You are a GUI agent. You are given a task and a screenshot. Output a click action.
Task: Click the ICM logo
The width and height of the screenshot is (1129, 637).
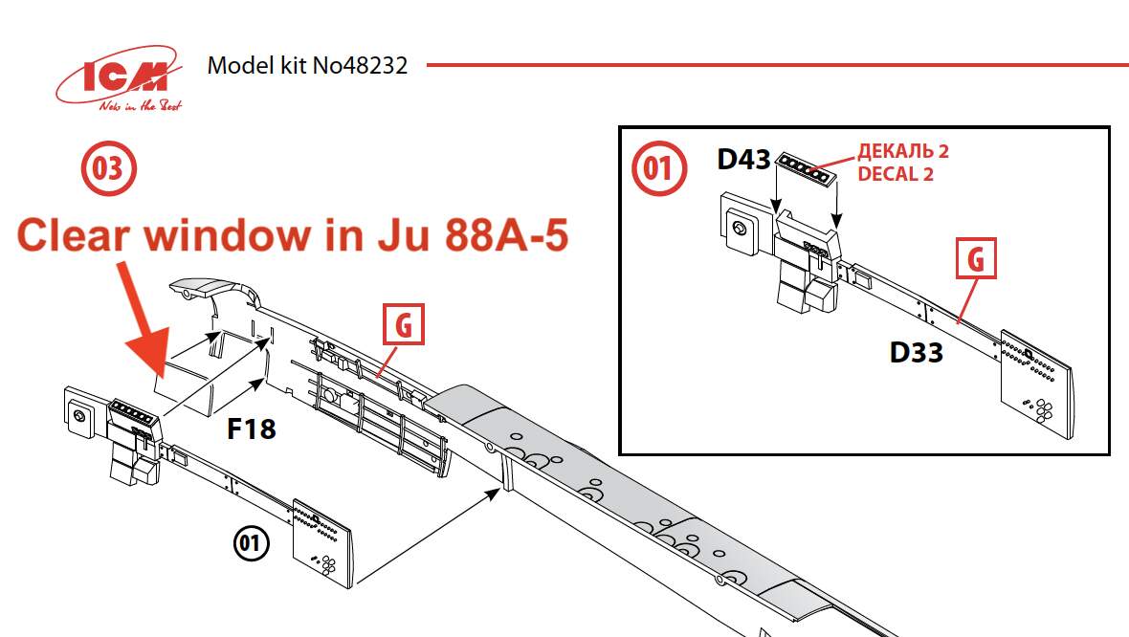(119, 78)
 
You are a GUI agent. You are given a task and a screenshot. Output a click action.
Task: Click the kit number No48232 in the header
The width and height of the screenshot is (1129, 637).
(360, 65)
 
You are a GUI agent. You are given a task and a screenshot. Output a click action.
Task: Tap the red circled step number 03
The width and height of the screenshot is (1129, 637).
(108, 168)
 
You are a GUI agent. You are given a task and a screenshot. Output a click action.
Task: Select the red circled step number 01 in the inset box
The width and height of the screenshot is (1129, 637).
(659, 168)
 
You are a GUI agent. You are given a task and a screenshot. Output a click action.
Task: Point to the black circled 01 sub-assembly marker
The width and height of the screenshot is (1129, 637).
(251, 542)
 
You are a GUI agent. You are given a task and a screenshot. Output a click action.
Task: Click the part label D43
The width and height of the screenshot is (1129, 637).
(743, 160)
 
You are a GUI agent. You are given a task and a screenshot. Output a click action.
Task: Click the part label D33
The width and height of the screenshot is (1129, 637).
(916, 353)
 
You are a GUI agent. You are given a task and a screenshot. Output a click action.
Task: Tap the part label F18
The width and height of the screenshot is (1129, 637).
(252, 429)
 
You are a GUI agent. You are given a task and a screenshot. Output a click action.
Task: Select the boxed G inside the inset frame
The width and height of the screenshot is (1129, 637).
(976, 258)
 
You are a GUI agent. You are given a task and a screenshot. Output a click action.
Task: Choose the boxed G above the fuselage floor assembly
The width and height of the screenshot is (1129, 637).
(404, 324)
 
